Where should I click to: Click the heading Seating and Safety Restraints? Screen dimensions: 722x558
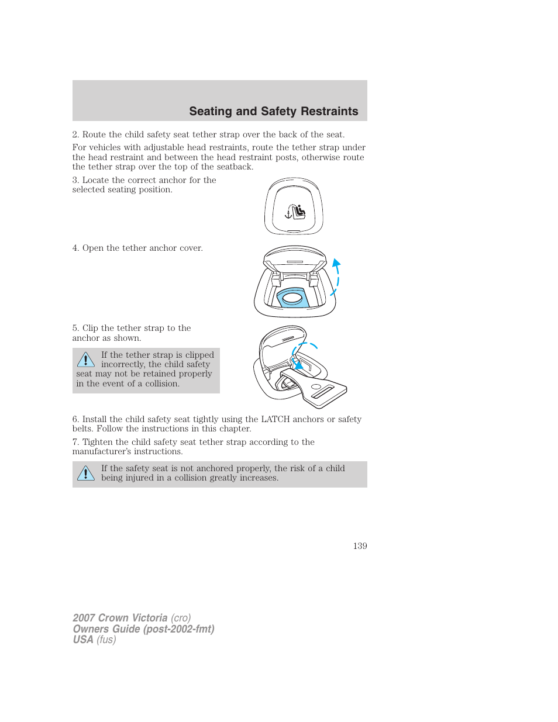coord(273,111)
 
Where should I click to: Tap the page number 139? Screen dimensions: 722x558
coord(360,545)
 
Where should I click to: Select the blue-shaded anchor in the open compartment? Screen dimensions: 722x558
coord(292,298)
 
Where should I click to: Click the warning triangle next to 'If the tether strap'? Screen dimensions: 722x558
coord(85,360)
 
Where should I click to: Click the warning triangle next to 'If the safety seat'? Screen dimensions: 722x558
coord(85,473)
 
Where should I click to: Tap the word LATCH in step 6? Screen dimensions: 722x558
coord(275,419)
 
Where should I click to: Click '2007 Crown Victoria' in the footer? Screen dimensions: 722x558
coord(120,618)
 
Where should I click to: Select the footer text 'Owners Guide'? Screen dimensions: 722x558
coord(106,629)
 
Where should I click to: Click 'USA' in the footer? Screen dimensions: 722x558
coord(83,640)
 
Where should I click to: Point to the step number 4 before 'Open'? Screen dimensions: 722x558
coord(75,248)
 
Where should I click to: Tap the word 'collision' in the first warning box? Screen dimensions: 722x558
coord(162,384)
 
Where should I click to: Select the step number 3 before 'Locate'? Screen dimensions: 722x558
coord(75,180)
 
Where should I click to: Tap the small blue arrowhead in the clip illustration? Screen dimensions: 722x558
coord(298,365)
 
